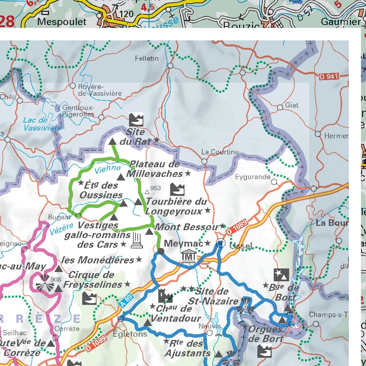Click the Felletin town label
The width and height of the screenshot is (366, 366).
[x=147, y=58]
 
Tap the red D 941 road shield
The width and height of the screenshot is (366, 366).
[x=328, y=76]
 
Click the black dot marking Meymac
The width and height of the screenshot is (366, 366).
[x=161, y=252]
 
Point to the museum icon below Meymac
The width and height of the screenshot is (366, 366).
[x=188, y=257]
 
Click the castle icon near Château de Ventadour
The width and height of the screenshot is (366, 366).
[x=165, y=296]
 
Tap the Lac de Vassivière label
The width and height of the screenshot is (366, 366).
[x=42, y=124]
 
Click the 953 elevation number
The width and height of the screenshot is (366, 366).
[x=155, y=188]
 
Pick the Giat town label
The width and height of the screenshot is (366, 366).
[x=292, y=105]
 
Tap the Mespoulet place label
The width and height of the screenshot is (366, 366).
[x=62, y=22]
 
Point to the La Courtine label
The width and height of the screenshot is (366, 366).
[x=220, y=152]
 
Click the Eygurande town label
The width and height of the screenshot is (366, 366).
[x=253, y=177]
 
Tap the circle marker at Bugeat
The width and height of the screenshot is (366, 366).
[x=78, y=216]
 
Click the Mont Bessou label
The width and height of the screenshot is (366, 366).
[x=186, y=227]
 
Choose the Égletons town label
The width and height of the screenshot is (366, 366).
[x=130, y=334]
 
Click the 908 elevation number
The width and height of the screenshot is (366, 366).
[x=55, y=280]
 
